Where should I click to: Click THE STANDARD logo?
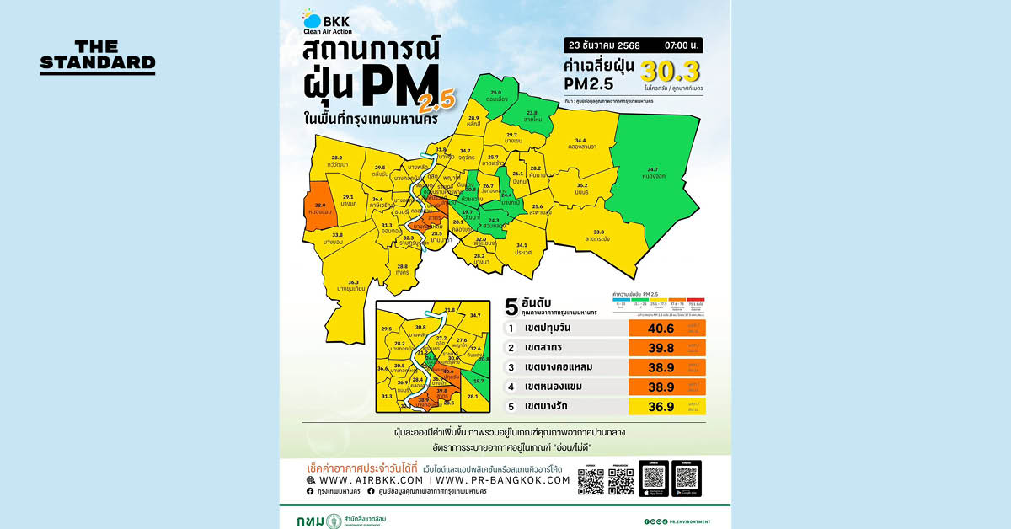coord(97,56)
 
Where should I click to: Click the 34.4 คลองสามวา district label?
coord(580,144)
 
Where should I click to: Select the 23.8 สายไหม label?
coord(532,115)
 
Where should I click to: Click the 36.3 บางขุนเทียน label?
coord(353,285)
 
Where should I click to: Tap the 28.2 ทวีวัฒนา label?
coord(336,160)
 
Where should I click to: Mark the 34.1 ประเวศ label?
coord(522,248)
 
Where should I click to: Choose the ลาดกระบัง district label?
coord(599,238)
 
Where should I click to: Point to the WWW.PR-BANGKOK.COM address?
coord(503,479)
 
